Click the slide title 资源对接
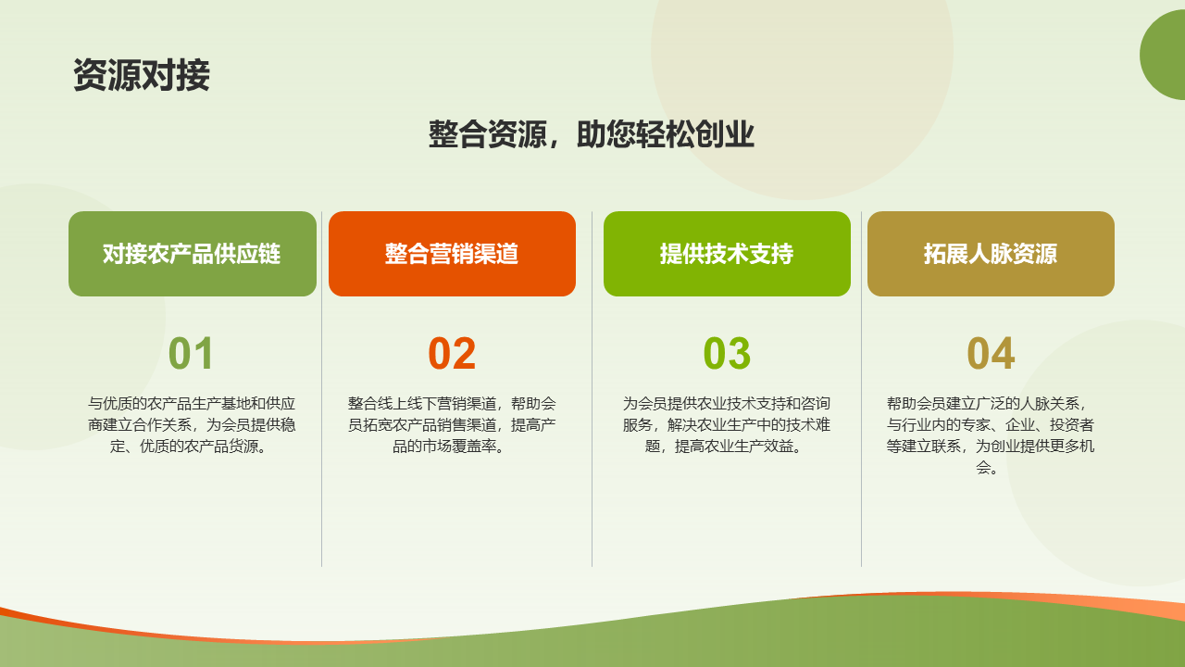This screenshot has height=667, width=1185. point(142,75)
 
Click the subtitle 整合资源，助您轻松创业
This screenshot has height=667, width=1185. point(591,134)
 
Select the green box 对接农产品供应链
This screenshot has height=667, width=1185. point(193,254)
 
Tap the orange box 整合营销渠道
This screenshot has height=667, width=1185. point(452,254)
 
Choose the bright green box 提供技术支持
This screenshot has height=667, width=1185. point(727,254)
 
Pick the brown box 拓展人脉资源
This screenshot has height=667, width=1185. point(991,254)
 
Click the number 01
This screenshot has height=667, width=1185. point(191,353)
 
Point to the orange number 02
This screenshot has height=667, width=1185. point(452,353)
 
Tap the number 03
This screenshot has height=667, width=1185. point(727,353)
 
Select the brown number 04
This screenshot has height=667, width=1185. point(991,353)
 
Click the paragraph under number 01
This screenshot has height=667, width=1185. point(192,425)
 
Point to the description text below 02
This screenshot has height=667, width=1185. point(452,425)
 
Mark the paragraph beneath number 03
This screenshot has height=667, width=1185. point(727,425)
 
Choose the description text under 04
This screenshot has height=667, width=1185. point(991,435)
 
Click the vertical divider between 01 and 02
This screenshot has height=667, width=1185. point(321,389)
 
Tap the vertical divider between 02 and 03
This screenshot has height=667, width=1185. point(592,389)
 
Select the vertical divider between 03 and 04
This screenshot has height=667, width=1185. point(861,389)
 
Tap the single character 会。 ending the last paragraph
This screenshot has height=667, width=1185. point(987,468)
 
